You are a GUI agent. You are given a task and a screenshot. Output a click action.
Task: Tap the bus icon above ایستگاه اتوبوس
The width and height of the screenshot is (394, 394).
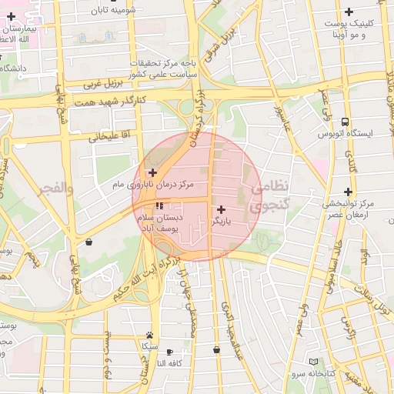[x=345, y=122]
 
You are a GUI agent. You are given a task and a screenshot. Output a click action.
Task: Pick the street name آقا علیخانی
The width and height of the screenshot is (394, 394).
[x=105, y=137]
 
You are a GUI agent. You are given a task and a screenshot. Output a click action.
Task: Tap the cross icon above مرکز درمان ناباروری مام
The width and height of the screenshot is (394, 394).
[x=152, y=172]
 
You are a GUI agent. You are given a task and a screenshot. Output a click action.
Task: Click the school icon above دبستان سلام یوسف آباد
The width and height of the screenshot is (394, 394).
[x=159, y=206]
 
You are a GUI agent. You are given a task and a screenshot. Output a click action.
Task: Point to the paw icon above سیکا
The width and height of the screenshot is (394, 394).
[x=149, y=335]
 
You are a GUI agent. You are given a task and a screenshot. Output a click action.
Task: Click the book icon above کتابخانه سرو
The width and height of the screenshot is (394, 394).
[x=312, y=362]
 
